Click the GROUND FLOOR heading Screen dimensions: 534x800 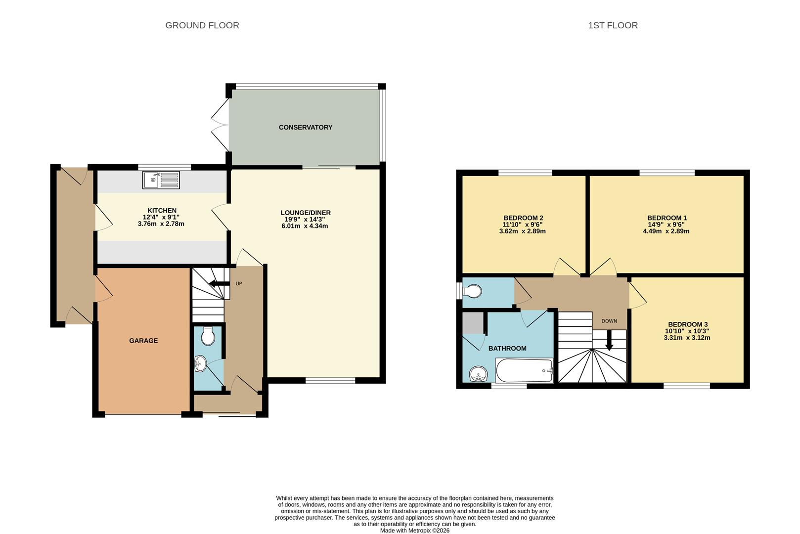pyautogui.click(x=202, y=25)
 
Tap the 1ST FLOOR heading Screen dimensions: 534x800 pyautogui.click(x=613, y=25)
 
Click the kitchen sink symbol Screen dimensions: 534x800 pyautogui.click(x=161, y=180)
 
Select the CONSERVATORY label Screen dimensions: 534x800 pyautogui.click(x=305, y=127)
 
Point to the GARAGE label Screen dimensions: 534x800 pyautogui.click(x=143, y=340)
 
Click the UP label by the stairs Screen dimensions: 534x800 pyautogui.click(x=239, y=283)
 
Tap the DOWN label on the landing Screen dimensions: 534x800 pyautogui.click(x=609, y=321)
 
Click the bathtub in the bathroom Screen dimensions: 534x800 pyautogui.click(x=524, y=370)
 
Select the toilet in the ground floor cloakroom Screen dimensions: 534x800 pyautogui.click(x=208, y=336)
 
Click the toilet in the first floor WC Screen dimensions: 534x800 pyautogui.click(x=472, y=291)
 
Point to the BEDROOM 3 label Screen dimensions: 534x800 pyautogui.click(x=687, y=324)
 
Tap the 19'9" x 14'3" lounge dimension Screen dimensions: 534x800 pyautogui.click(x=305, y=219)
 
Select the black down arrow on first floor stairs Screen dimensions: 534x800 pyautogui.click(x=609, y=340)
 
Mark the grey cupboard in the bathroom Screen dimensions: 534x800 pyautogui.click(x=472, y=323)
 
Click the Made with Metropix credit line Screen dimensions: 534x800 pyautogui.click(x=414, y=531)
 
